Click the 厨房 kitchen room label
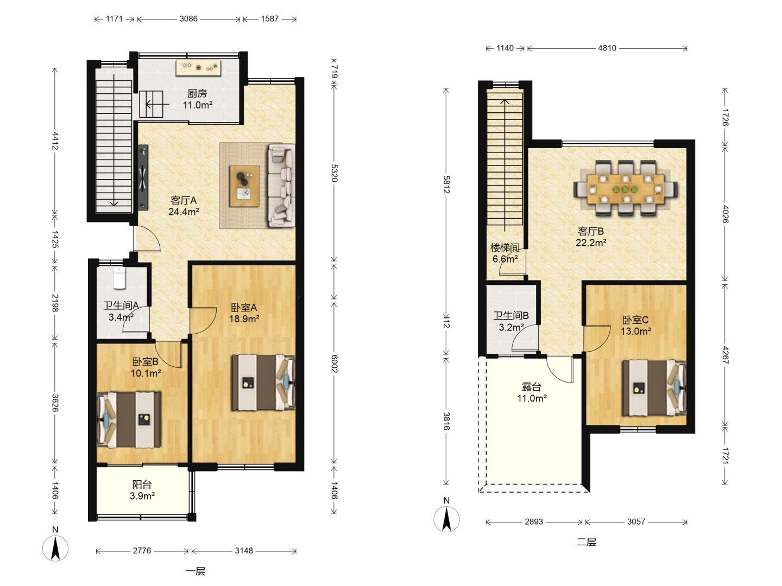pos(197,93)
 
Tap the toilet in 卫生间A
pos(119,278)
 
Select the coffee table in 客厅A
pos(244,186)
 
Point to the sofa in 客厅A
pos(281,185)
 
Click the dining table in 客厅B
pos(626,188)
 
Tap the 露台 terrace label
pos(532,387)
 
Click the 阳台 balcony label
pos(142,484)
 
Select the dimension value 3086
pos(188,18)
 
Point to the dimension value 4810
pos(607,48)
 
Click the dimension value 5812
pos(446,184)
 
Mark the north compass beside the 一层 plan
pos(55,548)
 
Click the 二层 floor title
pos(586,542)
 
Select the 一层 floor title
pos(195,571)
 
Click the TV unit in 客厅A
pos(143,177)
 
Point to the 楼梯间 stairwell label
pos(505,247)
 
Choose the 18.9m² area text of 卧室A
pos(244,319)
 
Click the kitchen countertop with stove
pos(198,68)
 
